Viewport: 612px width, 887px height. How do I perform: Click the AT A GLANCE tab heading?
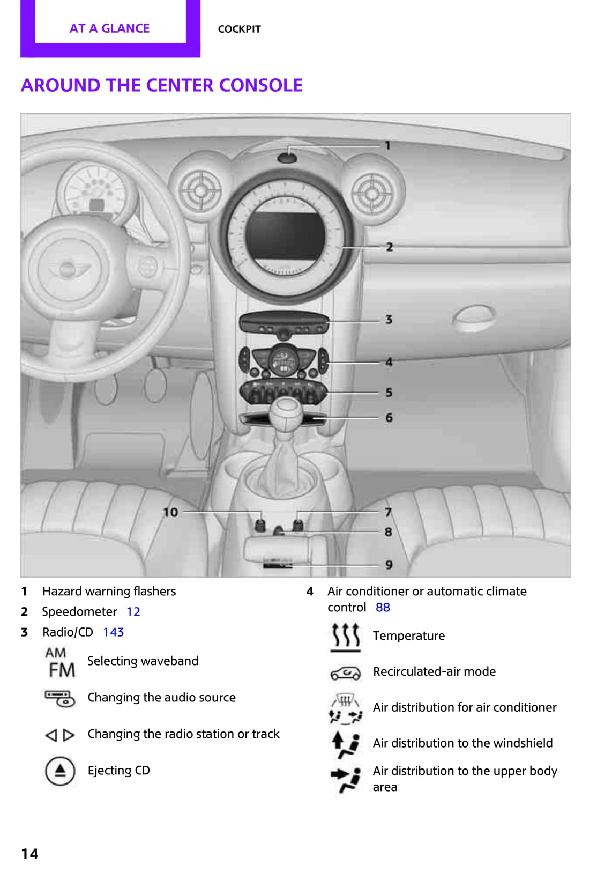tap(109, 28)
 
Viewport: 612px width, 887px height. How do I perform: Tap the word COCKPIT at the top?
tap(239, 29)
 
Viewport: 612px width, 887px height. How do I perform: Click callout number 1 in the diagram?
tap(388, 145)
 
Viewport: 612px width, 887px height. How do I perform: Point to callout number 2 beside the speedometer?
tap(390, 247)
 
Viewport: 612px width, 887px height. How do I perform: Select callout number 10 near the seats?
tap(170, 512)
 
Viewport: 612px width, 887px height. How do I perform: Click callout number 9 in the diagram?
tap(389, 565)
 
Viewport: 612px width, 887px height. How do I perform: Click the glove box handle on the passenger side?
tap(473, 318)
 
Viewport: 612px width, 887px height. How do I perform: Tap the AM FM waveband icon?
tap(61, 662)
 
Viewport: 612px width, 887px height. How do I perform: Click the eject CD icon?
tap(60, 771)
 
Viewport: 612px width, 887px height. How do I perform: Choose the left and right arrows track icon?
tap(59, 735)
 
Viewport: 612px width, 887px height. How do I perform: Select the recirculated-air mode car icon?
tap(345, 672)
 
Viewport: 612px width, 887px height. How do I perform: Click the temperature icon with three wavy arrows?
tap(345, 637)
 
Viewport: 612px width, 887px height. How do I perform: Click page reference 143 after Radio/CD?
tap(113, 632)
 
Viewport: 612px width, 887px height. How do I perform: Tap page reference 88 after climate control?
tap(383, 608)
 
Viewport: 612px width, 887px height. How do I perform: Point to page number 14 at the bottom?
tap(30, 853)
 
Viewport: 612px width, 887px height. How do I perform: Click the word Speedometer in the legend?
tap(79, 612)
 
